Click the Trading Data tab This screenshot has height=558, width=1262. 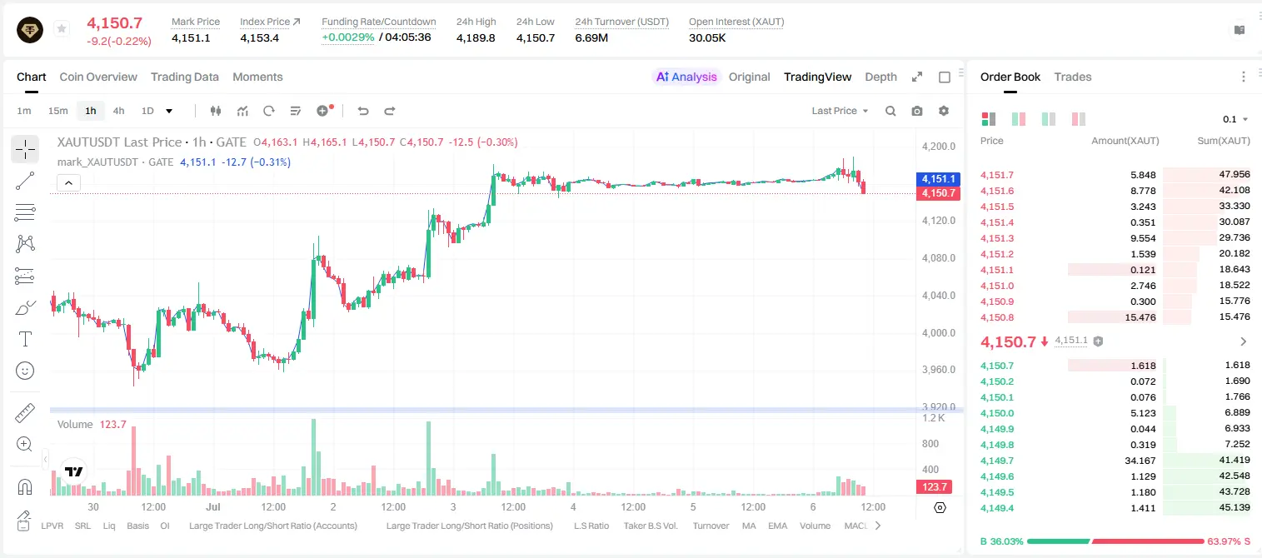coord(184,77)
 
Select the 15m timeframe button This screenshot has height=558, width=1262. coord(57,111)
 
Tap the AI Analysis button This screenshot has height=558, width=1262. coord(686,77)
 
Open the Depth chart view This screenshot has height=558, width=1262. coord(880,77)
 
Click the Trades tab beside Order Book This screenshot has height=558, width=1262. coord(1073,77)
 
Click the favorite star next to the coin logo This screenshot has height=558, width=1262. coord(62,28)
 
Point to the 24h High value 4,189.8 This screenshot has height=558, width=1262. coord(476,37)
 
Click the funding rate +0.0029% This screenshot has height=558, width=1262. coord(347,37)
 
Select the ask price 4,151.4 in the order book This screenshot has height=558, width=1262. coord(996,222)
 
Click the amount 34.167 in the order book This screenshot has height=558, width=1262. coord(1140,461)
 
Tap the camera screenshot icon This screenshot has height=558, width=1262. coord(917,111)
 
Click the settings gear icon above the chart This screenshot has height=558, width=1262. coord(944,111)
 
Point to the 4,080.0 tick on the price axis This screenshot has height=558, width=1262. coord(939,258)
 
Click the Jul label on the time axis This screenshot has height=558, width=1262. coord(213,506)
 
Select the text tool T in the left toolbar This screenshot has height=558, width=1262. coord(25,339)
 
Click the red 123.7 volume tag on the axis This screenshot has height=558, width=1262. coord(934,486)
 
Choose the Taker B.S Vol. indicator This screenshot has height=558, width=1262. coord(650,526)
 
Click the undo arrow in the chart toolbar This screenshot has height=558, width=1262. coord(363,111)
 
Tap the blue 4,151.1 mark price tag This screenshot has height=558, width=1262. coord(938,179)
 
